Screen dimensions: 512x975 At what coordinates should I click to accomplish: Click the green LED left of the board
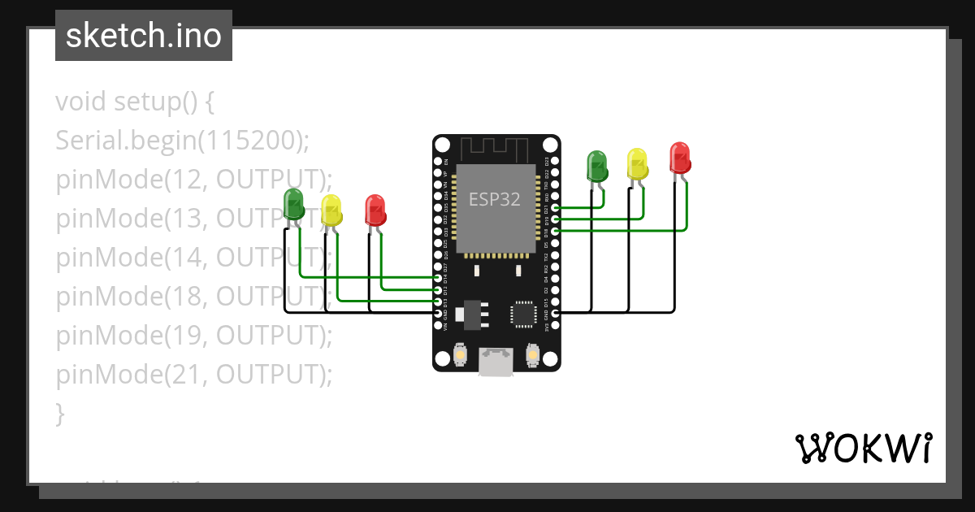click(293, 204)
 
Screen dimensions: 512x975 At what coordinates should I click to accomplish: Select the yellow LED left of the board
click(331, 210)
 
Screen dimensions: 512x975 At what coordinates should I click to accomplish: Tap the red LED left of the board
click(375, 210)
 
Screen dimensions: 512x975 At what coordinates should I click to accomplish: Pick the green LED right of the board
click(597, 165)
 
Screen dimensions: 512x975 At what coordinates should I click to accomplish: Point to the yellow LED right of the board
click(637, 163)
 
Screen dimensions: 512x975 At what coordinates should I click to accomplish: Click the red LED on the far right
click(680, 157)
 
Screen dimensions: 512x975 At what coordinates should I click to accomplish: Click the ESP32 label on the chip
click(494, 198)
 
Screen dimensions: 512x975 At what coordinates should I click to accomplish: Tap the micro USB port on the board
click(496, 361)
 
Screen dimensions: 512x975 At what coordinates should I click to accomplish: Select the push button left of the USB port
click(460, 355)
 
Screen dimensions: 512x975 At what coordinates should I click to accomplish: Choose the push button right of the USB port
click(533, 355)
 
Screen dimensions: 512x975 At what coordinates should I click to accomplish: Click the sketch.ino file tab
click(144, 36)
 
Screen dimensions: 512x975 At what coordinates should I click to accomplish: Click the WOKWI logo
click(862, 448)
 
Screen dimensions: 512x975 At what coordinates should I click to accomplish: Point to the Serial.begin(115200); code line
click(183, 141)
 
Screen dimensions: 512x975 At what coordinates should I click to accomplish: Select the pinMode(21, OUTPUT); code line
click(194, 374)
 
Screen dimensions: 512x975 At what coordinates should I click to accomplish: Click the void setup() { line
click(135, 102)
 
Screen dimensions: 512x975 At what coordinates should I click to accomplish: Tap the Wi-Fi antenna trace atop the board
click(496, 149)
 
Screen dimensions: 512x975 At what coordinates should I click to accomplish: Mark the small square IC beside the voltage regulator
click(522, 313)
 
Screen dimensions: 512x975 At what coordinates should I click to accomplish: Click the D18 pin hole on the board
click(555, 231)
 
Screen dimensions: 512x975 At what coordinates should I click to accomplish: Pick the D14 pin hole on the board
click(439, 278)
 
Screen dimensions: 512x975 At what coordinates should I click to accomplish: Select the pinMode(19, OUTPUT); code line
click(194, 335)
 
